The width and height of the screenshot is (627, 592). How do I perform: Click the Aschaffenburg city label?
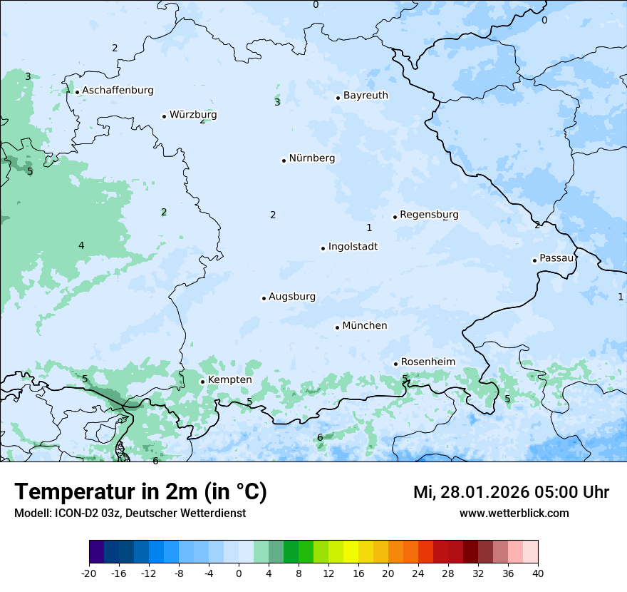coord(118,91)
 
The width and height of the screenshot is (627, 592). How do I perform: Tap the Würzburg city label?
coord(193,115)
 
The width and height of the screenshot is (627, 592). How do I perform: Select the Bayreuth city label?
coord(366,96)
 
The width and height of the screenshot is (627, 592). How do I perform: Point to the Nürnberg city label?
coord(311,158)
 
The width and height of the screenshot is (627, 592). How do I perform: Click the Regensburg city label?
coord(429,215)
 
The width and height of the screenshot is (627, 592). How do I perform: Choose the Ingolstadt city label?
coord(353,247)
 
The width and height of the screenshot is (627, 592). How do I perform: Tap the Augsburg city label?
coord(292,297)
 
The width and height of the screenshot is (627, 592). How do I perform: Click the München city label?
coord(365,326)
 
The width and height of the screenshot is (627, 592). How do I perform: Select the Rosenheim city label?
coord(427,362)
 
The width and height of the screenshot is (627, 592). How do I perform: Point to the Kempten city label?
coord(229,380)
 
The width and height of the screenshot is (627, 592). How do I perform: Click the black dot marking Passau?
coord(534,260)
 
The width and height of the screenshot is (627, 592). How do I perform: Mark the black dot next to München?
coord(338,327)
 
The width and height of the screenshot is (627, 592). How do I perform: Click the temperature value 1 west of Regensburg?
coord(369,228)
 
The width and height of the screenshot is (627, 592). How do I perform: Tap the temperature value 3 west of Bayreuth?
coord(277,103)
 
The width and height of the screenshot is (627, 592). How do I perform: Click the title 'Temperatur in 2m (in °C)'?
coord(140,492)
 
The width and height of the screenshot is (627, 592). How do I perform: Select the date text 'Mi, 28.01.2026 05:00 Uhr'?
coord(511,492)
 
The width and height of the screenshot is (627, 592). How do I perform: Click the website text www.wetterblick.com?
coord(514,514)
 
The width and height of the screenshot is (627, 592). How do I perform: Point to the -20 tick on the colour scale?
coord(89,573)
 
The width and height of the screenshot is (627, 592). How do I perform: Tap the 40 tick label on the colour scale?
coord(538,573)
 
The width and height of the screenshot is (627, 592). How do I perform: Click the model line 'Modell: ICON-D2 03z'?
coord(130,514)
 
